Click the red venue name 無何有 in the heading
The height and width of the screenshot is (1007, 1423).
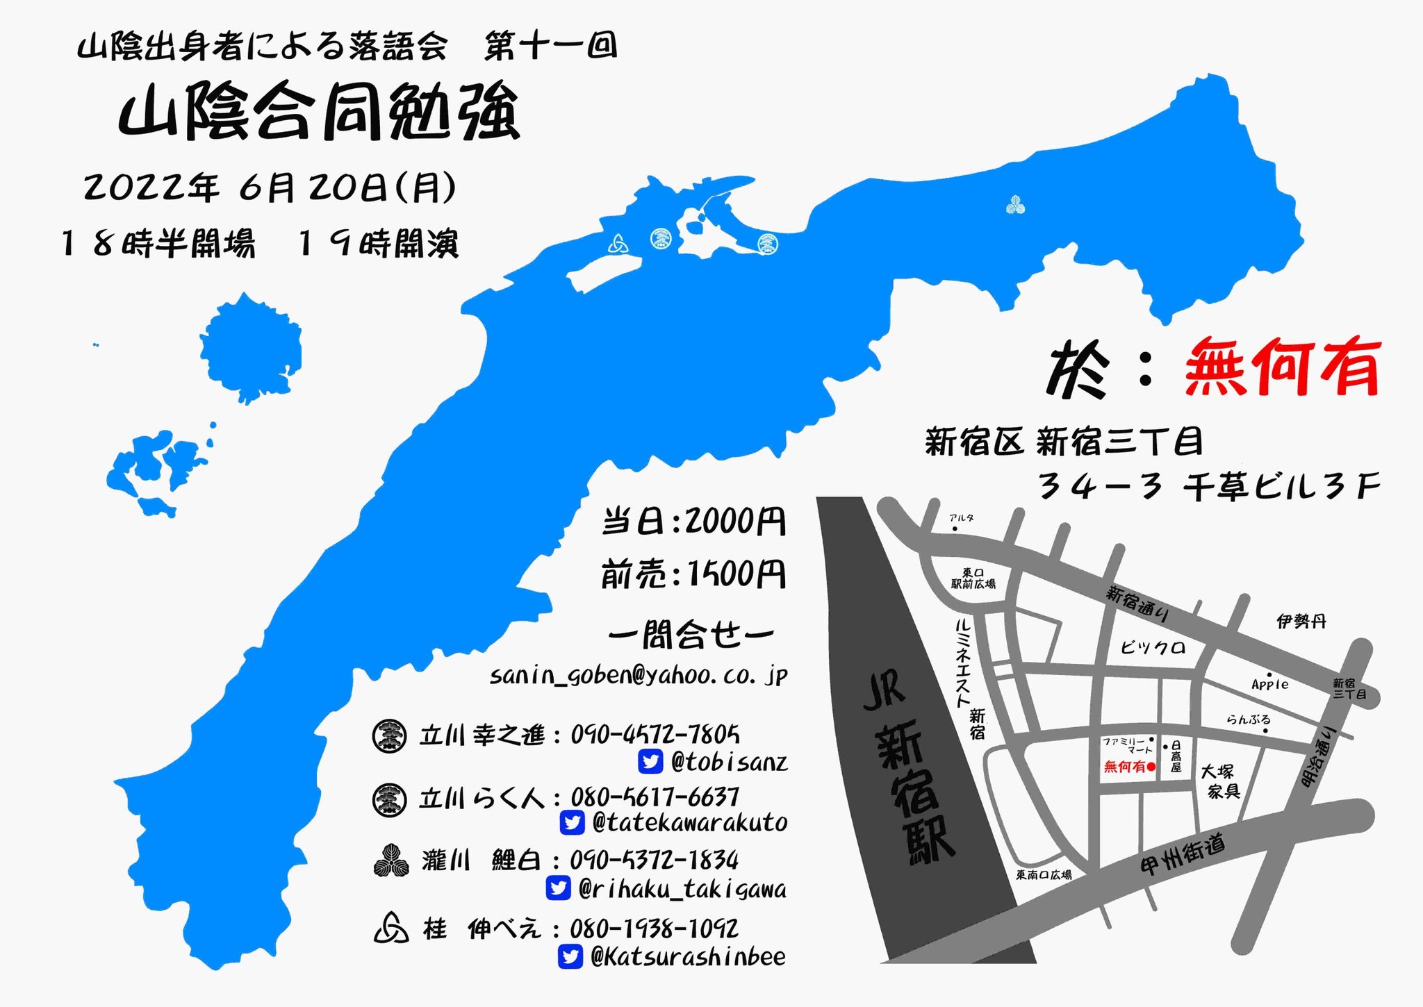pos(1282,367)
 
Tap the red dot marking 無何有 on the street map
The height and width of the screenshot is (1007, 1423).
pos(1151,767)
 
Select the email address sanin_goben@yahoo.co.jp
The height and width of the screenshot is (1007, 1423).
pos(639,675)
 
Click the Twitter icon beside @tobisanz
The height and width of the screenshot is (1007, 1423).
pos(650,762)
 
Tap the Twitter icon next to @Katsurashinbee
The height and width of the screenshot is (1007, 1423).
pos(570,957)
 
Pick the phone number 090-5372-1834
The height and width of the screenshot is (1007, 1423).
pos(654,860)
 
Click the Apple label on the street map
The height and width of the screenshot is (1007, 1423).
pos(1269,684)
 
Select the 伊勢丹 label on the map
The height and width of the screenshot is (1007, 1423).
pos(1301,621)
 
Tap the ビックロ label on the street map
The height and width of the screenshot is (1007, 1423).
pos(1153,648)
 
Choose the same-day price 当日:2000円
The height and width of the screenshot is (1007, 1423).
pos(693,521)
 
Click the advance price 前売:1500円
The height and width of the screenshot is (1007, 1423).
pos(693,574)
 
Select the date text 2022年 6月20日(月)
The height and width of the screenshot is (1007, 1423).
pos(270,188)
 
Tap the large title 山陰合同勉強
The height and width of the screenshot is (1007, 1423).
pos(319,113)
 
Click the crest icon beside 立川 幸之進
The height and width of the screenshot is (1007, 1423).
pos(389,736)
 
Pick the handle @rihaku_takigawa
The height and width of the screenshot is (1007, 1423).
pos(682,889)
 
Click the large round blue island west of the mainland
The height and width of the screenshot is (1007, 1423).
pos(250,347)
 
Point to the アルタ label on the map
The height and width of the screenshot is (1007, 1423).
pos(962,518)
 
